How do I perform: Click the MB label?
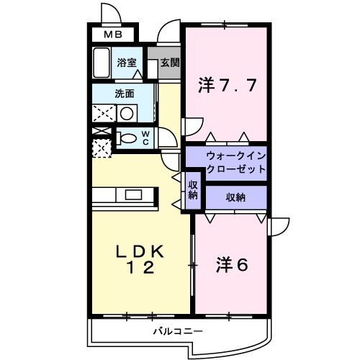[x=111, y=34]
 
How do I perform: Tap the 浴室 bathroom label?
[x=127, y=63]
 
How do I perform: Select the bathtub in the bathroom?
[x=102, y=63]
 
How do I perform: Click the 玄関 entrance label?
[x=169, y=63]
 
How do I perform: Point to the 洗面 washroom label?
[x=124, y=94]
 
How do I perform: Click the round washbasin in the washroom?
[x=127, y=113]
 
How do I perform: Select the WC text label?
[x=145, y=138]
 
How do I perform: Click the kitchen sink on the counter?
[x=135, y=194]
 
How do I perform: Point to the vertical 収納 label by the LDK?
[x=193, y=190]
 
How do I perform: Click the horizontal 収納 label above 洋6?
[x=236, y=197]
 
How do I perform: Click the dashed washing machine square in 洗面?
[x=103, y=114]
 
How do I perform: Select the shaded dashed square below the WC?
[x=102, y=148]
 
